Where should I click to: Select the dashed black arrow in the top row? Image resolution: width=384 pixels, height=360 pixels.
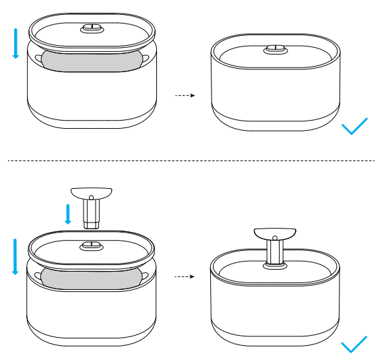[185, 96]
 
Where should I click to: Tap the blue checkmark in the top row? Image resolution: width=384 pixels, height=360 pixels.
[354, 126]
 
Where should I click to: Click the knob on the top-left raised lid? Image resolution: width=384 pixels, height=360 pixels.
[91, 29]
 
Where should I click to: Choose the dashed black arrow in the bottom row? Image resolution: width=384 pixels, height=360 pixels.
[185, 276]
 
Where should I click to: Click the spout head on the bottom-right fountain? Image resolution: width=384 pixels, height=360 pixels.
[275, 234]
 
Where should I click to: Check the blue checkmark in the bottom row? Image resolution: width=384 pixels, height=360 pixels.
[354, 344]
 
